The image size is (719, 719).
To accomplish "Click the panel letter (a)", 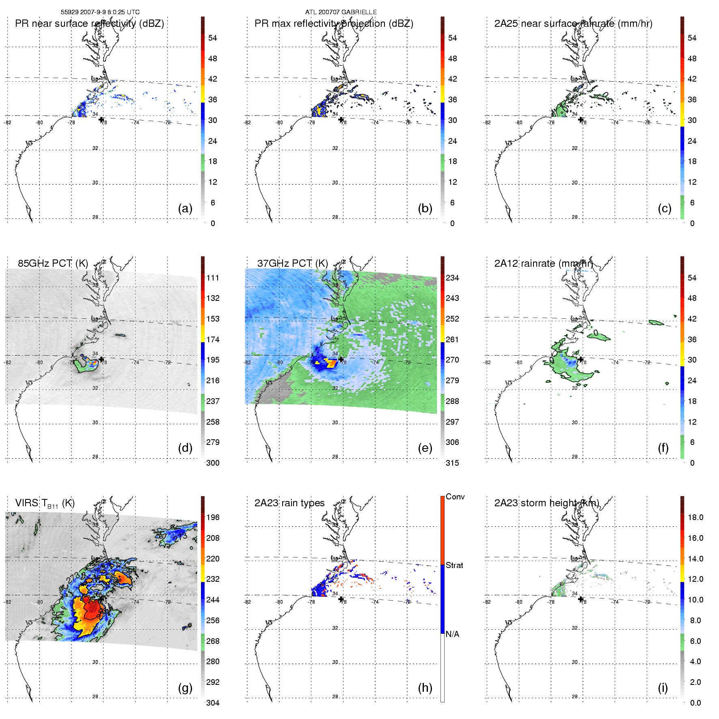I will [185, 208].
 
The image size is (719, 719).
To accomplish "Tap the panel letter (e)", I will [425, 448].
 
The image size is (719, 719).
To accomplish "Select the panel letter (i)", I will [663, 688].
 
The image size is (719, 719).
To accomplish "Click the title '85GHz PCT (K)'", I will [53, 263].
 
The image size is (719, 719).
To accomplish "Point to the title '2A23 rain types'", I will [289, 503].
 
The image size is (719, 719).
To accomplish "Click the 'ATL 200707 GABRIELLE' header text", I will [341, 12].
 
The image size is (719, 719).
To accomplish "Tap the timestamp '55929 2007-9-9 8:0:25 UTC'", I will [100, 12].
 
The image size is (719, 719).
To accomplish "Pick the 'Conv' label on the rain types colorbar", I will [455, 497].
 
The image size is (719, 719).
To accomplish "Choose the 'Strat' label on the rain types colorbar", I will [454, 565].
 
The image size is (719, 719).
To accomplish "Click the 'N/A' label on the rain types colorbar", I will [452, 634].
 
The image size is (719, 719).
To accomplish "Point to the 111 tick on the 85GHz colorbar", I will [213, 278].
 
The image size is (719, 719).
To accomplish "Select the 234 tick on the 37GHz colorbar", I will [452, 278].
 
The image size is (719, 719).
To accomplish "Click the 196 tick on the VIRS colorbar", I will [213, 517].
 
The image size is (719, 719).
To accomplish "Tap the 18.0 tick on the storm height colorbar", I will [695, 517].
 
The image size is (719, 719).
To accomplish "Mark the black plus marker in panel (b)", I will [341, 120].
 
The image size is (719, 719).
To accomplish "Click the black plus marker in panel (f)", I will [581, 359].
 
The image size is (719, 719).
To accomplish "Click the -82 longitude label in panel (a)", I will [8, 122].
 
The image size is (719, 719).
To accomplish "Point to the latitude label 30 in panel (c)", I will [574, 183].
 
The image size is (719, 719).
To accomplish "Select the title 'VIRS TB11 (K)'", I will [45, 503].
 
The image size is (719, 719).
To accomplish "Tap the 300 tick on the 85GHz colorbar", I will [213, 463].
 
